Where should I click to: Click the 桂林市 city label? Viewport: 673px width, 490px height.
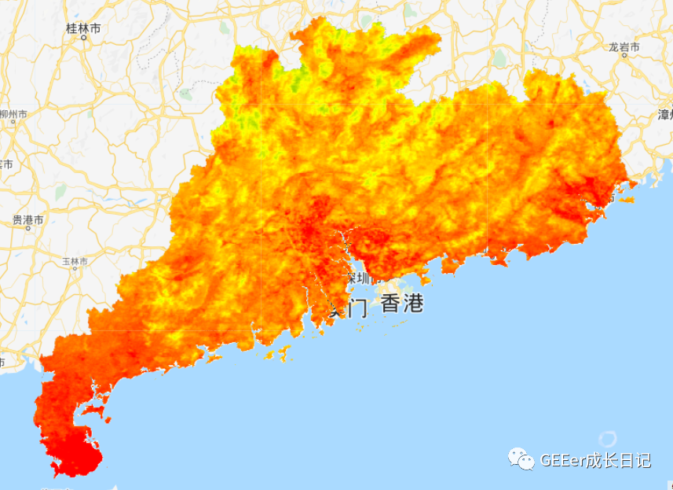pyautogui.click(x=83, y=28)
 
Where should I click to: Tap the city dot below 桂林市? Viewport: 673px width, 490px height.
pyautogui.click(x=83, y=38)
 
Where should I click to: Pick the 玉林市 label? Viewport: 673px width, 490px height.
pyautogui.click(x=75, y=261)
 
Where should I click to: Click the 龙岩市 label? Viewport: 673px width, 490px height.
pyautogui.click(x=624, y=47)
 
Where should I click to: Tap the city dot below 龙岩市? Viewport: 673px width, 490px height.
pyautogui.click(x=624, y=57)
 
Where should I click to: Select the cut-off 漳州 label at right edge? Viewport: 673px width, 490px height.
pyautogui.click(x=664, y=114)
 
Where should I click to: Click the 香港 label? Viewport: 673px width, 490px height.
pyautogui.click(x=402, y=304)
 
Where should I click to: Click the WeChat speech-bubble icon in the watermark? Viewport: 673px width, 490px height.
pyautogui.click(x=519, y=458)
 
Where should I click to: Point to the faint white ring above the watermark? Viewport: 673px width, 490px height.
pyautogui.click(x=606, y=439)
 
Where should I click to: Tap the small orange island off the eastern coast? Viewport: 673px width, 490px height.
pyautogui.click(x=627, y=199)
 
